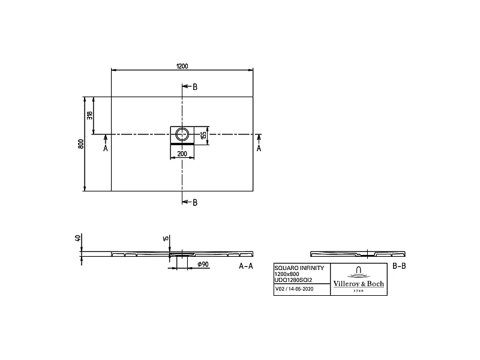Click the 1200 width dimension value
coord(181,66)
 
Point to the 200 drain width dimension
coord(182,154)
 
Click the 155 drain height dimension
coord(204,135)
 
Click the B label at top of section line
coord(194,87)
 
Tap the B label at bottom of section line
coord(194,202)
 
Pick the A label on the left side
coord(106,148)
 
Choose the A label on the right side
coord(259,148)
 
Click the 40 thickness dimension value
coord(77,238)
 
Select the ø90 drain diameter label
coord(202,265)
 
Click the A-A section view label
coord(247,265)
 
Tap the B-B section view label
coord(399,265)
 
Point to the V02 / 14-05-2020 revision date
coord(295,289)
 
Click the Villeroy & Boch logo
coord(359,279)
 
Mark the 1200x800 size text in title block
coord(286,274)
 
